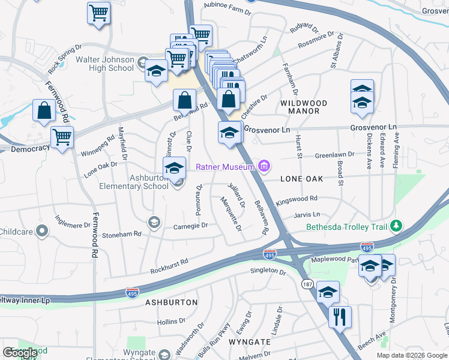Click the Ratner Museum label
pyautogui.click(x=226, y=166)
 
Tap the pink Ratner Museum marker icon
pyautogui.click(x=262, y=166)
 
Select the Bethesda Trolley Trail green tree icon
pyautogui.click(x=396, y=227)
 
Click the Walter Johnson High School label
pyautogui.click(x=105, y=64)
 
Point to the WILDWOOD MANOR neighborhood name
pyautogui.click(x=304, y=107)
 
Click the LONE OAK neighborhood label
pyautogui.click(x=301, y=179)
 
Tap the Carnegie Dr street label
pyautogui.click(x=190, y=226)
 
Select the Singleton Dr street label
pyautogui.click(x=268, y=271)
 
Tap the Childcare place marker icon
pyautogui.click(x=42, y=230)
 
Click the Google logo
pyautogui.click(x=20, y=353)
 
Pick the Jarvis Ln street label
pyautogui.click(x=307, y=214)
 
